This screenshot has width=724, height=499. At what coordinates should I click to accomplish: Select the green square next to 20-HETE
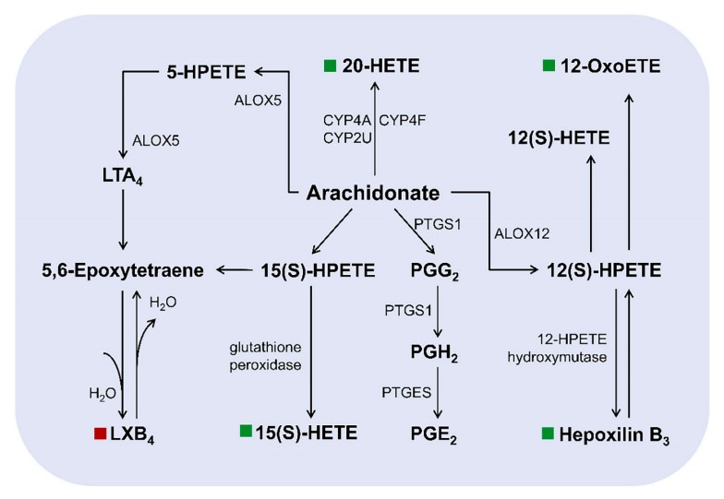tap(330, 65)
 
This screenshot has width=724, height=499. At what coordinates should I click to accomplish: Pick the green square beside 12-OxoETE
tap(549, 65)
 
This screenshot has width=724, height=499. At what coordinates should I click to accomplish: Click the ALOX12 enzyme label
tap(523, 232)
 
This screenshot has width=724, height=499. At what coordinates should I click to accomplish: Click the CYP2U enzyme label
tap(345, 138)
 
